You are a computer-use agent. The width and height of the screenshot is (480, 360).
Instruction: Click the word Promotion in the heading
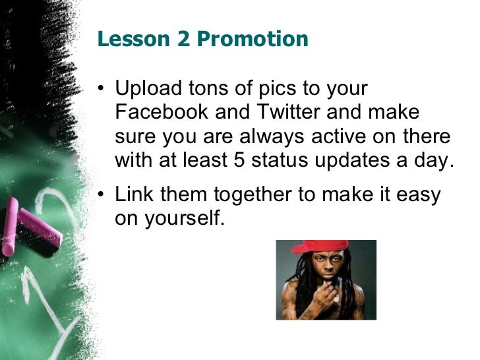(253, 40)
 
